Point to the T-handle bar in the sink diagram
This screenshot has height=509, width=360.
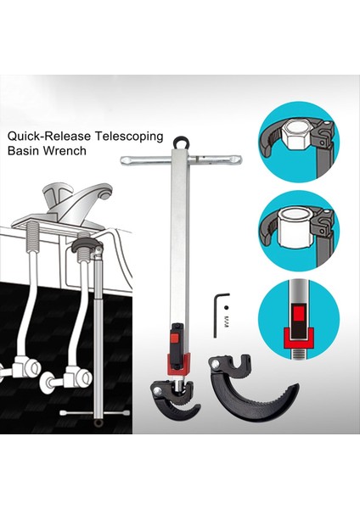coord(94,415)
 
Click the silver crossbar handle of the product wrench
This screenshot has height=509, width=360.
coord(180,160)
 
